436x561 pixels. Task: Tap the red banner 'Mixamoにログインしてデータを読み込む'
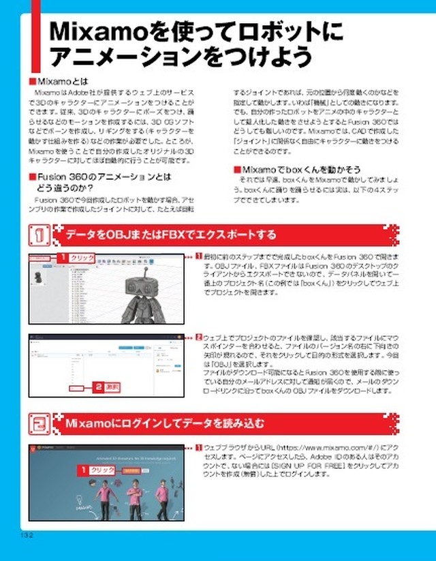(164, 423)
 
